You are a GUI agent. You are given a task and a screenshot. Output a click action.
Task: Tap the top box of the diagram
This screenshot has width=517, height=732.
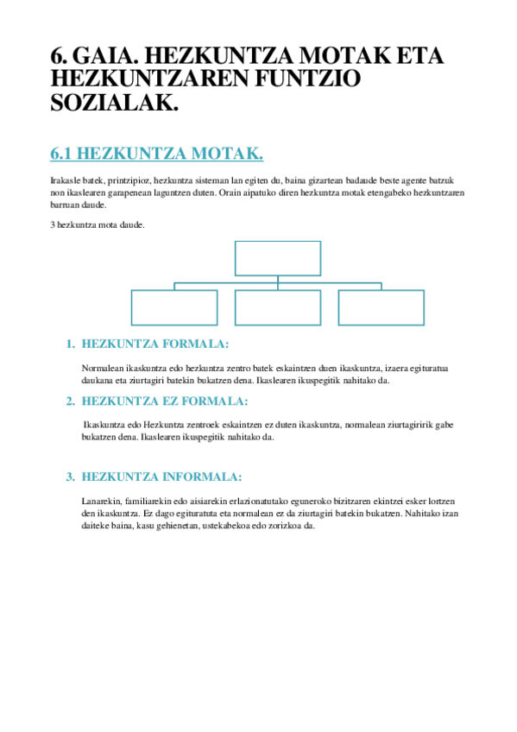[278, 258]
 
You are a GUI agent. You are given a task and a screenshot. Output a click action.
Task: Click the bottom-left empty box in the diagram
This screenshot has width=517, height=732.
[174, 307]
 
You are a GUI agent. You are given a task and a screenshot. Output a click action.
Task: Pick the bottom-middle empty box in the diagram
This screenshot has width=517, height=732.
[278, 307]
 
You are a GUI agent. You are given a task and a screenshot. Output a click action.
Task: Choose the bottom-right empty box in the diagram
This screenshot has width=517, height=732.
[381, 307]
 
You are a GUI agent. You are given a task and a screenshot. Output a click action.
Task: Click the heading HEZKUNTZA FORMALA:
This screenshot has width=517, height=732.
[154, 344]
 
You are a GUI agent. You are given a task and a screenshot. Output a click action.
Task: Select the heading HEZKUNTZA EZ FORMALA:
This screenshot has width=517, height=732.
[164, 401]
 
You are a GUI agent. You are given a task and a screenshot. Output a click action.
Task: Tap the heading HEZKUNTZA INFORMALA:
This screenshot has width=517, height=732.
[161, 476]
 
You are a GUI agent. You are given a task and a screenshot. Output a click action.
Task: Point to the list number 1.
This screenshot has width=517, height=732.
[70, 344]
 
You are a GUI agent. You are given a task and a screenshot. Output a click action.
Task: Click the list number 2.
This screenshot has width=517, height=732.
[70, 401]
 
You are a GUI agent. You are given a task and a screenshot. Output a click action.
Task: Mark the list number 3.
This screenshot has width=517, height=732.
[70, 476]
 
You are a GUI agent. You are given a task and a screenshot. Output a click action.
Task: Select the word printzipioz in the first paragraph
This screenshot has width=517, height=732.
[126, 180]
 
